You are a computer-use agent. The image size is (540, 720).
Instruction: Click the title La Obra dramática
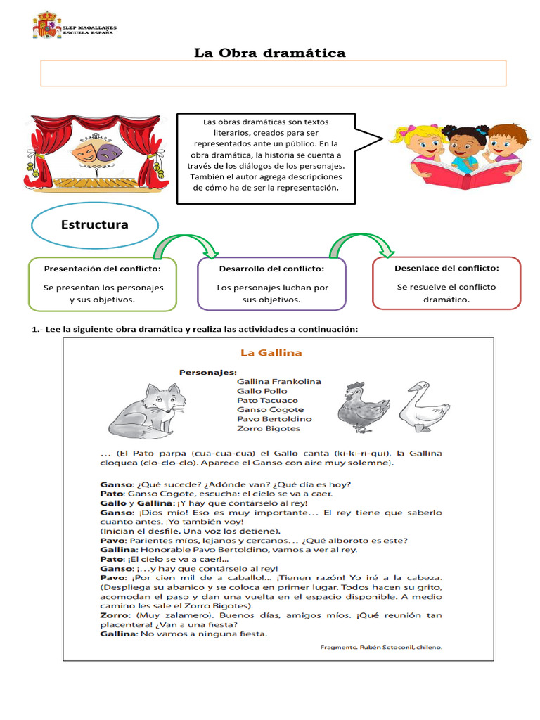[270, 53]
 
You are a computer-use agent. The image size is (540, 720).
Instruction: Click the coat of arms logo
[47, 25]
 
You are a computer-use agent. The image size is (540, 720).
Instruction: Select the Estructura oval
[95, 225]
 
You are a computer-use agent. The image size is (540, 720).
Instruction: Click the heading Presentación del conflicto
[103, 269]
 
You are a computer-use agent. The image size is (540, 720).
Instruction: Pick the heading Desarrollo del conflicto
[271, 269]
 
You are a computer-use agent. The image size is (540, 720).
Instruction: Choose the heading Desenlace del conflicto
[446, 268]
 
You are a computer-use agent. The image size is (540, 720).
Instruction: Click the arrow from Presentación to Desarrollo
[185, 245]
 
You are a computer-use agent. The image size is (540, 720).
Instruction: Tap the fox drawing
[148, 410]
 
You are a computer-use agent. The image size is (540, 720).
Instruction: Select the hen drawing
[362, 408]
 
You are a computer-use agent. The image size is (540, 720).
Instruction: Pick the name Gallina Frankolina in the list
[278, 381]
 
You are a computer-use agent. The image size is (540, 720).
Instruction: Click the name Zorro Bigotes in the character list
[269, 428]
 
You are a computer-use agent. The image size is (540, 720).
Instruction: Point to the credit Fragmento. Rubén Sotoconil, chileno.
[380, 648]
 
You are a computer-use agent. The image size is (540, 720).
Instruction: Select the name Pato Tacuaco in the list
[267, 400]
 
